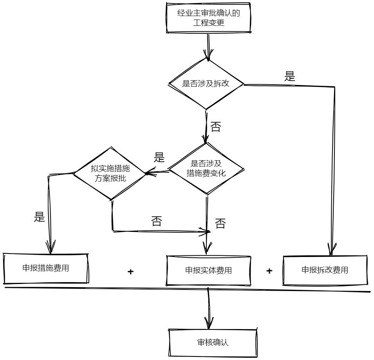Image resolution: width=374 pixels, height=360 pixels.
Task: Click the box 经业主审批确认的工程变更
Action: (208, 18)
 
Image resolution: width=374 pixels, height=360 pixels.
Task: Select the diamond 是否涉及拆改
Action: (206, 84)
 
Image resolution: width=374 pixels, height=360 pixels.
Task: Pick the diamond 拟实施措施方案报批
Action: (110, 173)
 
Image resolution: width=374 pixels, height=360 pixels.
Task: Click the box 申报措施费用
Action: (46, 268)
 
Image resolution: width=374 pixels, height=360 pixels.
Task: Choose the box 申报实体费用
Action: (208, 270)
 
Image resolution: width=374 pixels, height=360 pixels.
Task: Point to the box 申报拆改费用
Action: (325, 270)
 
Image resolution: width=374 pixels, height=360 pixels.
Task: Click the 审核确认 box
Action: (213, 342)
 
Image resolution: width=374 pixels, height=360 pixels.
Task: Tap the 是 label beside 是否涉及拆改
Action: (290, 77)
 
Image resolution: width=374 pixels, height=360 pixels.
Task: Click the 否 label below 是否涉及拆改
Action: (216, 127)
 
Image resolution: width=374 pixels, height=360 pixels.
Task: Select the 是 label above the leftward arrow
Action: (159, 157)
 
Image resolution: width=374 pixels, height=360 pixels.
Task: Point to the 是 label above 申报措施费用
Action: (40, 217)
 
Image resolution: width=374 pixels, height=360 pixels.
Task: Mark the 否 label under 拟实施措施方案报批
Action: (157, 221)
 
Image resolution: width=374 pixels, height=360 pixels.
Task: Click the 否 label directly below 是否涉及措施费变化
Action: (220, 224)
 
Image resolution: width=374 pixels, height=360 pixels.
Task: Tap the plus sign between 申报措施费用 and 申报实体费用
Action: (131, 271)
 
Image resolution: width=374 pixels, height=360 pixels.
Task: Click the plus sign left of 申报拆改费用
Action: (269, 271)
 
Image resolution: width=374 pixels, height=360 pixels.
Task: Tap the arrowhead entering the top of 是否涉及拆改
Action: (208, 55)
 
